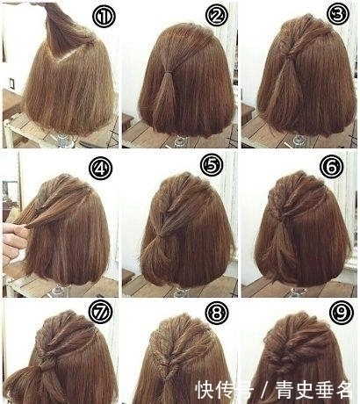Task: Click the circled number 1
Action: tap(104, 17)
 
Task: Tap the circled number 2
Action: tap(217, 15)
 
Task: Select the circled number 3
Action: tap(338, 14)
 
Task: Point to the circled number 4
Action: tap(101, 169)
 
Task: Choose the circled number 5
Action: tap(212, 165)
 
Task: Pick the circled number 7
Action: tap(101, 313)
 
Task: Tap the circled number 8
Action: tap(217, 314)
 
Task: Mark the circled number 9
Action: tap(342, 313)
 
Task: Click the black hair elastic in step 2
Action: tap(168, 72)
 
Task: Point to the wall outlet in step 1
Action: tap(12, 83)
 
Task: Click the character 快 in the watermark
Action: tap(205, 390)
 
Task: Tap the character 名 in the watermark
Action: tap(343, 390)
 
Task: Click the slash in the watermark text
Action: tap(264, 390)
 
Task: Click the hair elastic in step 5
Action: tap(159, 235)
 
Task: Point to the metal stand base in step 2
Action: tap(181, 141)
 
